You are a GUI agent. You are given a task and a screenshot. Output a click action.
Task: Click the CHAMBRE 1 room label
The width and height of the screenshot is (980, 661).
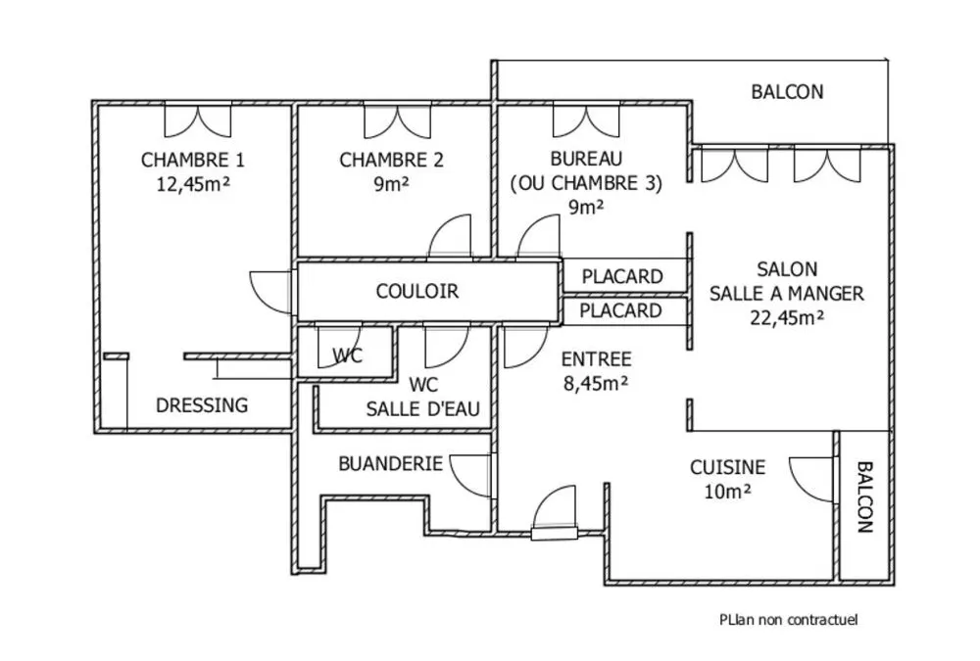pos(192,161)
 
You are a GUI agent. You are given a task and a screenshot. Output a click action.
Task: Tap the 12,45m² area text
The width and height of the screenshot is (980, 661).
pos(193,184)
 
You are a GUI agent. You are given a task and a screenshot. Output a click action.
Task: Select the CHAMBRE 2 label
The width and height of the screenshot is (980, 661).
pos(391,161)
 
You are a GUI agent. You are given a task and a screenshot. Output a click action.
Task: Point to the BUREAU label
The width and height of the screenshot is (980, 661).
pos(586,159)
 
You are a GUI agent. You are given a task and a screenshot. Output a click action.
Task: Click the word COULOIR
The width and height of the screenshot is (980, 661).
pos(417,291)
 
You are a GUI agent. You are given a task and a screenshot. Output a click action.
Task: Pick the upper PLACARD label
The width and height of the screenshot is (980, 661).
pos(622,276)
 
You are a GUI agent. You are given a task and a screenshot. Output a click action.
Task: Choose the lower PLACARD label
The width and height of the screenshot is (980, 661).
pos(620,310)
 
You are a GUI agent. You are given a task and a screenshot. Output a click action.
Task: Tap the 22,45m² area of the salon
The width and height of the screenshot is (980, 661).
pos(787,318)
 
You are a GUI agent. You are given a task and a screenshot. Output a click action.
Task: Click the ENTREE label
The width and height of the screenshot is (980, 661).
pos(596,359)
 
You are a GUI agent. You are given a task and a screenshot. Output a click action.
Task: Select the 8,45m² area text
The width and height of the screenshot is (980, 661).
pos(596,383)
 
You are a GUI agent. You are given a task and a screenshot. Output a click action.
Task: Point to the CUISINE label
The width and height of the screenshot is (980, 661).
pos(727,467)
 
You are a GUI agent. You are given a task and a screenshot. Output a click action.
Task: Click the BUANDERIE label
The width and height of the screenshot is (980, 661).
pos(391,463)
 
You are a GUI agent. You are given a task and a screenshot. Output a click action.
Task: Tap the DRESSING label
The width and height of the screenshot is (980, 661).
pos(202,405)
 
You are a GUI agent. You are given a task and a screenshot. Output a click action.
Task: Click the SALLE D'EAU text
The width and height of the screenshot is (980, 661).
pos(423,409)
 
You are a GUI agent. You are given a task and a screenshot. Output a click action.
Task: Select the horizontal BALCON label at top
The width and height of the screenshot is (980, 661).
pos(787,92)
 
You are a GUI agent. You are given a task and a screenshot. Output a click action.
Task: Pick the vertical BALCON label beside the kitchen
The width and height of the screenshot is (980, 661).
pos(864,497)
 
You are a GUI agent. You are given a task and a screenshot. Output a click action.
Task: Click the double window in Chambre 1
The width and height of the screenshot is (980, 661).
pos(198,119)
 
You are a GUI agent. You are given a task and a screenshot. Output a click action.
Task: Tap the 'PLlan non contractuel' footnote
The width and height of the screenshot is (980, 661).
pos(788,620)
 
